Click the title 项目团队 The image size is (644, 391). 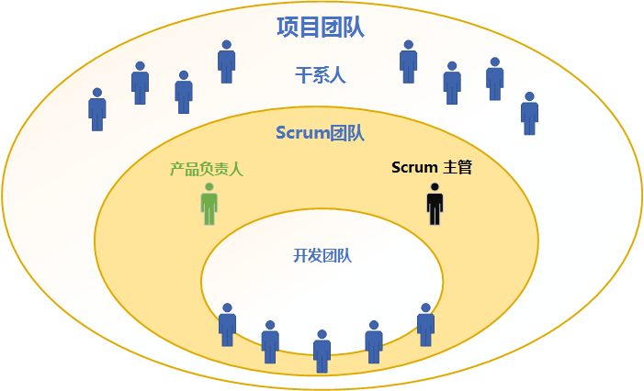pyautogui.click(x=321, y=28)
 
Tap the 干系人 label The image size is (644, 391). pyautogui.click(x=321, y=75)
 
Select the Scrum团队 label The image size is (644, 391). pyautogui.click(x=320, y=133)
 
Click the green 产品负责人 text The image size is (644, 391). pyautogui.click(x=207, y=169)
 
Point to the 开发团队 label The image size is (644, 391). pyautogui.click(x=322, y=255)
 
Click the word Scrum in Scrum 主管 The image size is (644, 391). pyautogui.click(x=414, y=167)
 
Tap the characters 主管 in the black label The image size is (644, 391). pyautogui.click(x=458, y=167)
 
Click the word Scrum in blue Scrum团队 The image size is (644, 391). pyautogui.click(x=302, y=133)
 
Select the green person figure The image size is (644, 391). pyautogui.click(x=209, y=204)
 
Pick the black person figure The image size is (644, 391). pyautogui.click(x=435, y=204)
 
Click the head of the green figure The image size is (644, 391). pyautogui.click(x=209, y=187)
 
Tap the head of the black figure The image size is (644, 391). pyautogui.click(x=435, y=187)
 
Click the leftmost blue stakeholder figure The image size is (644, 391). pyautogui.click(x=97, y=109)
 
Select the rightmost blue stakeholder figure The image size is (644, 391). pyautogui.click(x=529, y=114)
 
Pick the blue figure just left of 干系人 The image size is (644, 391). pyautogui.click(x=226, y=61)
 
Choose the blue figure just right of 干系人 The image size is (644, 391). pyautogui.click(x=408, y=61)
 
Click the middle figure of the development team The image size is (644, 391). pyautogui.click(x=322, y=352)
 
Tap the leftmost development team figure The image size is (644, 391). pyautogui.click(x=227, y=325)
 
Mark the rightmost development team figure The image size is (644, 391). pyautogui.click(x=425, y=325)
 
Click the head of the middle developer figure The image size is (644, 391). pyautogui.click(x=322, y=334)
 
